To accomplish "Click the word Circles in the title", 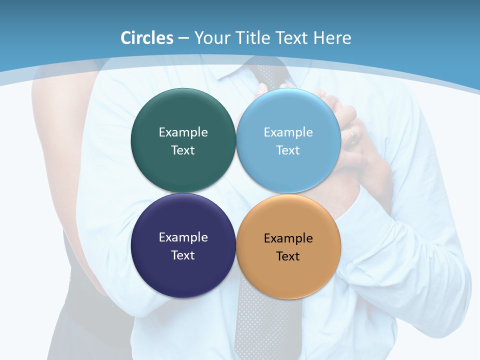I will (146, 38).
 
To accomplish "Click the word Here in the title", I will (332, 38).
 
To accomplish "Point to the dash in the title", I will (183, 38).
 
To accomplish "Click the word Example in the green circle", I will (183, 132).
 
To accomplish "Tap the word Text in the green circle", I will (183, 150).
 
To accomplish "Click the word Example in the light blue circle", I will (288, 132).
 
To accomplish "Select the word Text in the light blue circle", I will (288, 150).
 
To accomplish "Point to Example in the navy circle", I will (183, 237).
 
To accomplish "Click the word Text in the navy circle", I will (183, 255).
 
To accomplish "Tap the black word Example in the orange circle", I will (288, 238).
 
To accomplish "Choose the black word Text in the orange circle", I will (288, 256).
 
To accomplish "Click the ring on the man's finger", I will (353, 133).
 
